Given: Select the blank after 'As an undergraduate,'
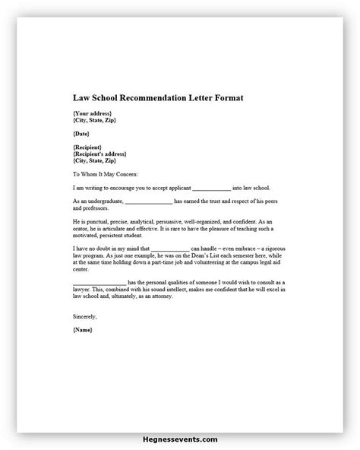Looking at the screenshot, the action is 148,201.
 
